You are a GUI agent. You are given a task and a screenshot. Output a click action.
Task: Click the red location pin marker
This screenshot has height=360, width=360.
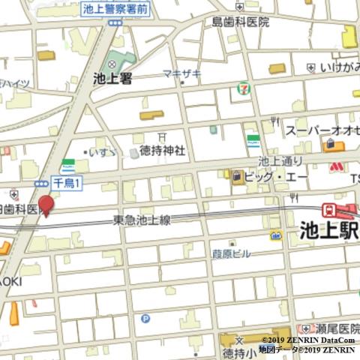(46, 204)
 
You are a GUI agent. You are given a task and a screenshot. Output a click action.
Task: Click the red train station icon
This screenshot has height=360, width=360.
(329, 210)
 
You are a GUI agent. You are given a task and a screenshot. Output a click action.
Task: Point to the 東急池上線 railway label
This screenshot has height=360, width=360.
(142, 220)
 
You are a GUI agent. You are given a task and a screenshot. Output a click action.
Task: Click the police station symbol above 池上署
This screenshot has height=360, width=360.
(112, 64)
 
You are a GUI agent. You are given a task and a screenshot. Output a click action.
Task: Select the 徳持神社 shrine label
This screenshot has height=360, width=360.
(163, 150)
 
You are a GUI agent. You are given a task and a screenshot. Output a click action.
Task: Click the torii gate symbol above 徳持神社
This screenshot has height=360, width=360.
(162, 136)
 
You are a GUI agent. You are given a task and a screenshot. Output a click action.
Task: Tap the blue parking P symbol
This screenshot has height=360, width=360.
(145, 318)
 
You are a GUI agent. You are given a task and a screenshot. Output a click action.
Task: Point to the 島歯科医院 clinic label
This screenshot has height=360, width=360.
(240, 22)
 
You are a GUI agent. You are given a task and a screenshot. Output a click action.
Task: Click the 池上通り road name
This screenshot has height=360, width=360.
(280, 160)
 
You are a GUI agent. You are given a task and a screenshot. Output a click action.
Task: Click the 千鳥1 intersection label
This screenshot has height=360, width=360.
(67, 182)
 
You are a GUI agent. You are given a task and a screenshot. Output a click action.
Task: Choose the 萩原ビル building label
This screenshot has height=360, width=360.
(230, 253)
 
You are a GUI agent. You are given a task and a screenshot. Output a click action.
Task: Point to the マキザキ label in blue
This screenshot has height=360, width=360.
(181, 73)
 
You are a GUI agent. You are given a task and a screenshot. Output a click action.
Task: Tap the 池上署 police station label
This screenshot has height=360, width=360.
(112, 78)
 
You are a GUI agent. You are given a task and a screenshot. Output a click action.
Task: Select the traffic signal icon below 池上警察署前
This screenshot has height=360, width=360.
(114, 23)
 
